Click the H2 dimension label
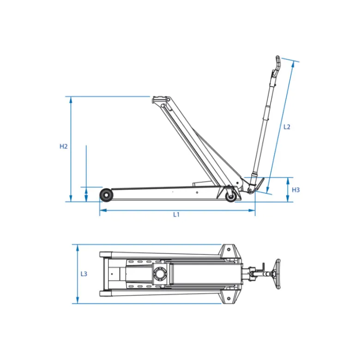click(x=63, y=146)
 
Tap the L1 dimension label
click(x=176, y=215)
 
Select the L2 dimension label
click(x=287, y=127)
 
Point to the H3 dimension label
click(x=296, y=190)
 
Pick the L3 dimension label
click(x=84, y=274)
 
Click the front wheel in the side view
click(x=106, y=195)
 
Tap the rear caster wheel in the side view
click(x=231, y=197)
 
